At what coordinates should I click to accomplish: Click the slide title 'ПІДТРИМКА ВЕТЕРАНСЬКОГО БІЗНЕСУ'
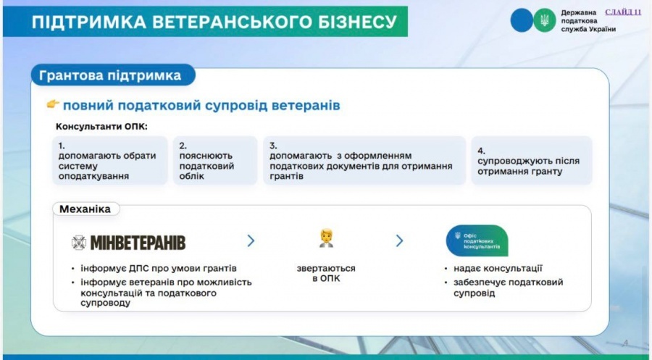(x=214, y=22)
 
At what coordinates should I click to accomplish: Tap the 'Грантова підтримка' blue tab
(x=113, y=75)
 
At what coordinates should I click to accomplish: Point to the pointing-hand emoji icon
(x=53, y=104)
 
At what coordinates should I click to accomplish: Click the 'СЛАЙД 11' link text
(x=623, y=12)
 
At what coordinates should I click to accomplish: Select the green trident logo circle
(x=544, y=20)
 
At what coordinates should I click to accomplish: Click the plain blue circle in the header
(x=522, y=20)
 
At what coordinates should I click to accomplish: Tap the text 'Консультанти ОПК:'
(x=102, y=126)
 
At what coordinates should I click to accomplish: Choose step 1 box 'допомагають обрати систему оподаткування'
(x=110, y=161)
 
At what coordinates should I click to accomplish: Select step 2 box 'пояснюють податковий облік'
(x=215, y=161)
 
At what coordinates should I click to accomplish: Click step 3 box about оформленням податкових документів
(x=364, y=161)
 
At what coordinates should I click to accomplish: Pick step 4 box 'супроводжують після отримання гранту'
(x=532, y=161)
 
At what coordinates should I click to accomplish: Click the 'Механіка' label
(x=85, y=209)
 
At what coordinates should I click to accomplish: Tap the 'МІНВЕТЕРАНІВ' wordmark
(x=138, y=243)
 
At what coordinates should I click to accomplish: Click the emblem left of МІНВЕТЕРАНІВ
(x=78, y=243)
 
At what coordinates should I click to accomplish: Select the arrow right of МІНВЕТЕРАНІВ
(x=251, y=240)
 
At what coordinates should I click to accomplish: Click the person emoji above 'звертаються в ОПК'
(x=327, y=238)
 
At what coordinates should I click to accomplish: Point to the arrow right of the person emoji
(x=400, y=240)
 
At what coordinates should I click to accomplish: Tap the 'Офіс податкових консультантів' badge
(x=477, y=240)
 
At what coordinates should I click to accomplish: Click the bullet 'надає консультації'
(x=498, y=269)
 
